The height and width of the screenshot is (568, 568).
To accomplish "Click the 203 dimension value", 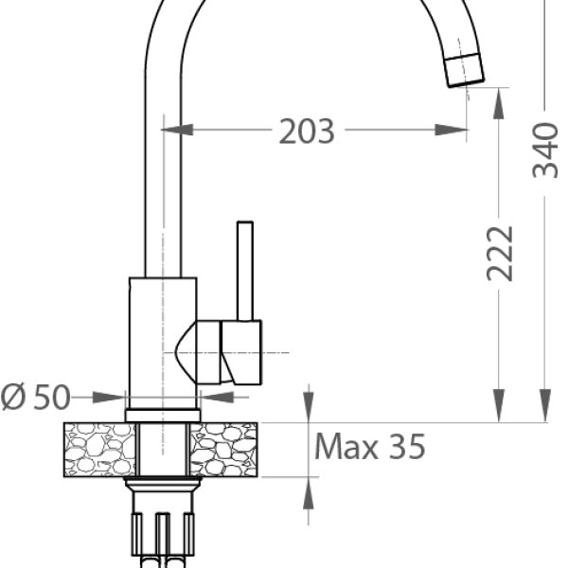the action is click(307, 132).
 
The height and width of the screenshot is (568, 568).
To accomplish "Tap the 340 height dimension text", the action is click(545, 151).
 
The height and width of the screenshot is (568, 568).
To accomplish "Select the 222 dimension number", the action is click(500, 254).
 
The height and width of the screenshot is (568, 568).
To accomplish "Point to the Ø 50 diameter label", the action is click(35, 397).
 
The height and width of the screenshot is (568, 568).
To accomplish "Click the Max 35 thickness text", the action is click(369, 447).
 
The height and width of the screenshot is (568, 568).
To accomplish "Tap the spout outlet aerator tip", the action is click(465, 70).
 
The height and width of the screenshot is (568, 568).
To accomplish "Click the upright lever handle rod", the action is click(245, 271).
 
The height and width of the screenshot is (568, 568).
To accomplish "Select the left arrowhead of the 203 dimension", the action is click(177, 130).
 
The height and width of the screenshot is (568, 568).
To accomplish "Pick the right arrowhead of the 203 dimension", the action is click(451, 130).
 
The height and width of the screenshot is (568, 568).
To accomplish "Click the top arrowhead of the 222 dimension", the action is click(499, 103).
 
